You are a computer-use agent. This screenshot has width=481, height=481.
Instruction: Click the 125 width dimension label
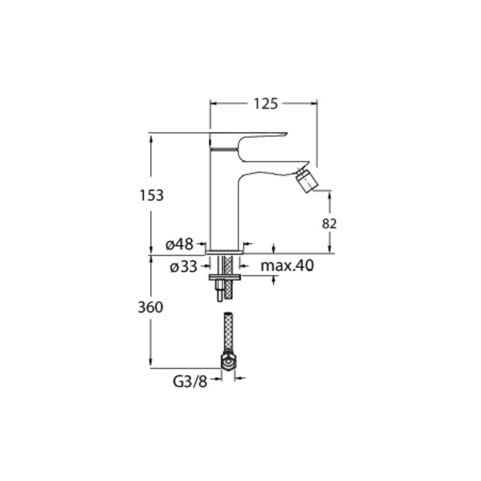tap(266, 103)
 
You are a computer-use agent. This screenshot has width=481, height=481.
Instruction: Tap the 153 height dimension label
tap(152, 195)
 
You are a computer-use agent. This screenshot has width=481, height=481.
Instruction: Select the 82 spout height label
tap(329, 224)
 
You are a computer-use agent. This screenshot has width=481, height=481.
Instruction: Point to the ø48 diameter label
tap(179, 245)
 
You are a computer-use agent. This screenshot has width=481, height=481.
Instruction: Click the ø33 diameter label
tap(183, 266)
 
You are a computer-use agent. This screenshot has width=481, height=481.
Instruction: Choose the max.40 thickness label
tap(287, 266)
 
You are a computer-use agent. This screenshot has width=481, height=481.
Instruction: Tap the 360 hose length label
tap(150, 307)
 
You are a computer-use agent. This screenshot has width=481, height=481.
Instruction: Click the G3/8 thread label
tap(190, 382)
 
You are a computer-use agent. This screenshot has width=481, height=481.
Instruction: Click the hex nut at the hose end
tap(228, 363)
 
